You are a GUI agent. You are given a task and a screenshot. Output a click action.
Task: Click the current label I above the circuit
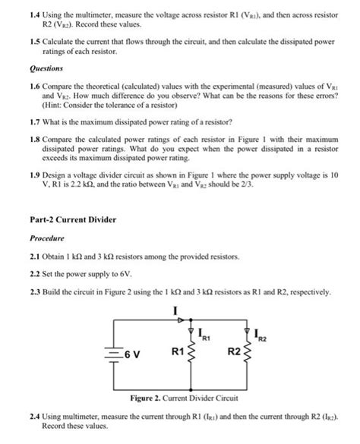175,309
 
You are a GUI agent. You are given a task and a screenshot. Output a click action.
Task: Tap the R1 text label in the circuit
178,352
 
